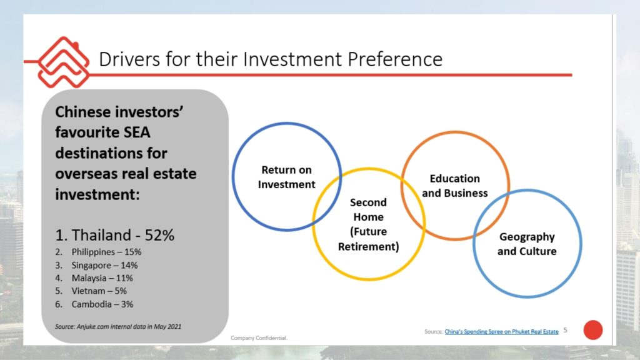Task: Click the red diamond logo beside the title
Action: pyautogui.click(x=63, y=62)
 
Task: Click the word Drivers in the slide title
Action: pyautogui.click(x=129, y=59)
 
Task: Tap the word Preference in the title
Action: pyautogui.click(x=395, y=59)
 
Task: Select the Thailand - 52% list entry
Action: pyautogui.click(x=115, y=235)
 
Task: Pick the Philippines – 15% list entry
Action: pyautogui.click(x=98, y=252)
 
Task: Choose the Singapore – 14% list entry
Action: pyautogui.click(x=96, y=265)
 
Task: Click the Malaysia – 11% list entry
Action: pyautogui.click(x=94, y=278)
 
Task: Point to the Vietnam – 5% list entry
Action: pyautogui.click(x=91, y=291)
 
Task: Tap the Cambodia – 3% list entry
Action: pyautogui.click(x=94, y=304)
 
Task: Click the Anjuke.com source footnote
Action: pyautogui.click(x=118, y=326)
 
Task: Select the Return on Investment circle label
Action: pyautogui.click(x=286, y=177)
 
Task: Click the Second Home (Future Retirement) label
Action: pyautogui.click(x=369, y=224)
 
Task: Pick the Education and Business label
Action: pyautogui.click(x=455, y=186)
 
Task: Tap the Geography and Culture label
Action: pyautogui.click(x=527, y=244)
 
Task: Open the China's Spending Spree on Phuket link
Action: pyautogui.click(x=501, y=331)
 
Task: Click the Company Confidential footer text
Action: pyautogui.click(x=259, y=338)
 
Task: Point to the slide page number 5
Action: pyautogui.click(x=565, y=330)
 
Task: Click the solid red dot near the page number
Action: pyautogui.click(x=593, y=330)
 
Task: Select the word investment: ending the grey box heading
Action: pyautogui.click(x=97, y=194)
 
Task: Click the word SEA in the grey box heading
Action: pyautogui.click(x=137, y=132)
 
